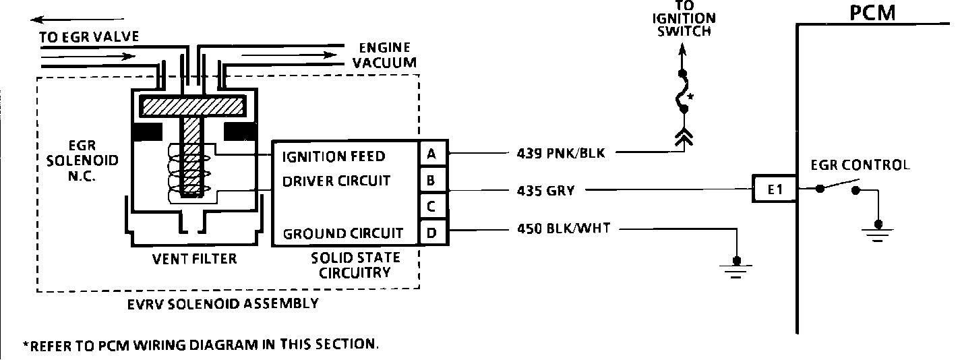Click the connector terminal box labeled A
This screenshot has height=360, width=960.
pos(431,155)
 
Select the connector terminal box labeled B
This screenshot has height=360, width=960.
pos(431,181)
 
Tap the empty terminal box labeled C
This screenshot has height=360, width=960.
pos(431,205)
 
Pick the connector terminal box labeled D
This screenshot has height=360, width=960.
pos(431,233)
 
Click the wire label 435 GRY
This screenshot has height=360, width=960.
pos(543,191)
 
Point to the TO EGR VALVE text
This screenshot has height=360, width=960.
pos(89,36)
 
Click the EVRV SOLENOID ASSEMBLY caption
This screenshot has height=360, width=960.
pos(223,303)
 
